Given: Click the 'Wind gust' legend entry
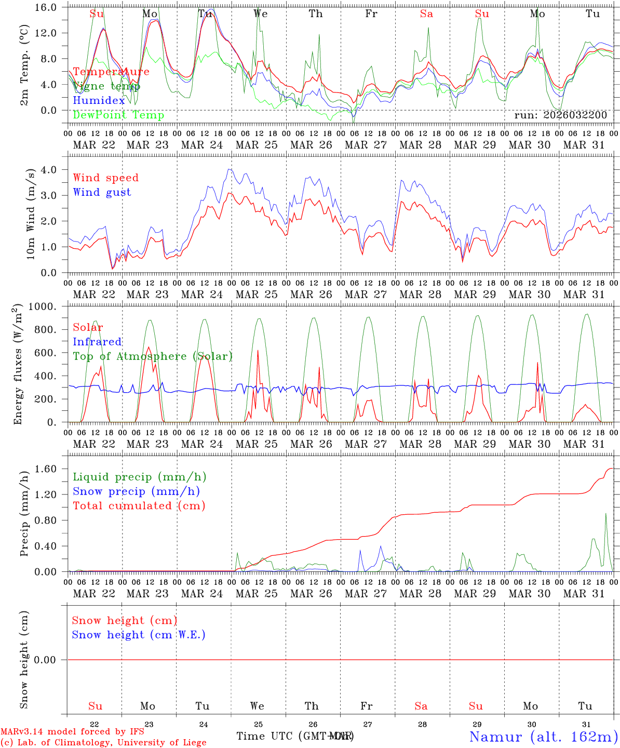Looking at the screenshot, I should (102, 192).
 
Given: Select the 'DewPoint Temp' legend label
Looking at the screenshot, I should (118, 115).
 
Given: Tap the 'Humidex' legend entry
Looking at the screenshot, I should (99, 100).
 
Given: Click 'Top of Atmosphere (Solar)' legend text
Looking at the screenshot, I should (153, 356).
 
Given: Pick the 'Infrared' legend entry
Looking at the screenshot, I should (97, 342).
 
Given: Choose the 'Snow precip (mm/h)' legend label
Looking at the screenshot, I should (136, 491).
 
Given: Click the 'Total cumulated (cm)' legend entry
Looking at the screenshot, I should (139, 505).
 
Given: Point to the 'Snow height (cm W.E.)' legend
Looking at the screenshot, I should (138, 635).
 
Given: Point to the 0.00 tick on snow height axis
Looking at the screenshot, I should (51, 660).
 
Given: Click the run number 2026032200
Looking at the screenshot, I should (560, 115).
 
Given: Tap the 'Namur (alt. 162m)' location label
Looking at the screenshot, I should (543, 736).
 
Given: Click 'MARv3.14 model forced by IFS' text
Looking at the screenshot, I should (72, 731).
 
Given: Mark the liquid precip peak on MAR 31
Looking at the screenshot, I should (605, 513).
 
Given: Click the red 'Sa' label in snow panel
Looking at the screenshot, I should (421, 706).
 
